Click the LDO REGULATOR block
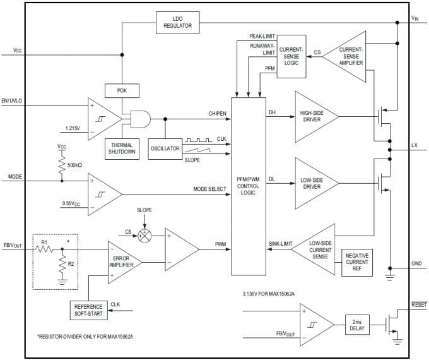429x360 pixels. click(x=177, y=22)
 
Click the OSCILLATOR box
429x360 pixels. click(x=165, y=148)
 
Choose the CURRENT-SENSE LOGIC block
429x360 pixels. click(x=291, y=56)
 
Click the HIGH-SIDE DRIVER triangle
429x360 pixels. click(x=314, y=116)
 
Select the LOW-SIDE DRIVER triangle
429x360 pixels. click(x=314, y=183)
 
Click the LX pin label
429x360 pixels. click(x=414, y=145)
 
